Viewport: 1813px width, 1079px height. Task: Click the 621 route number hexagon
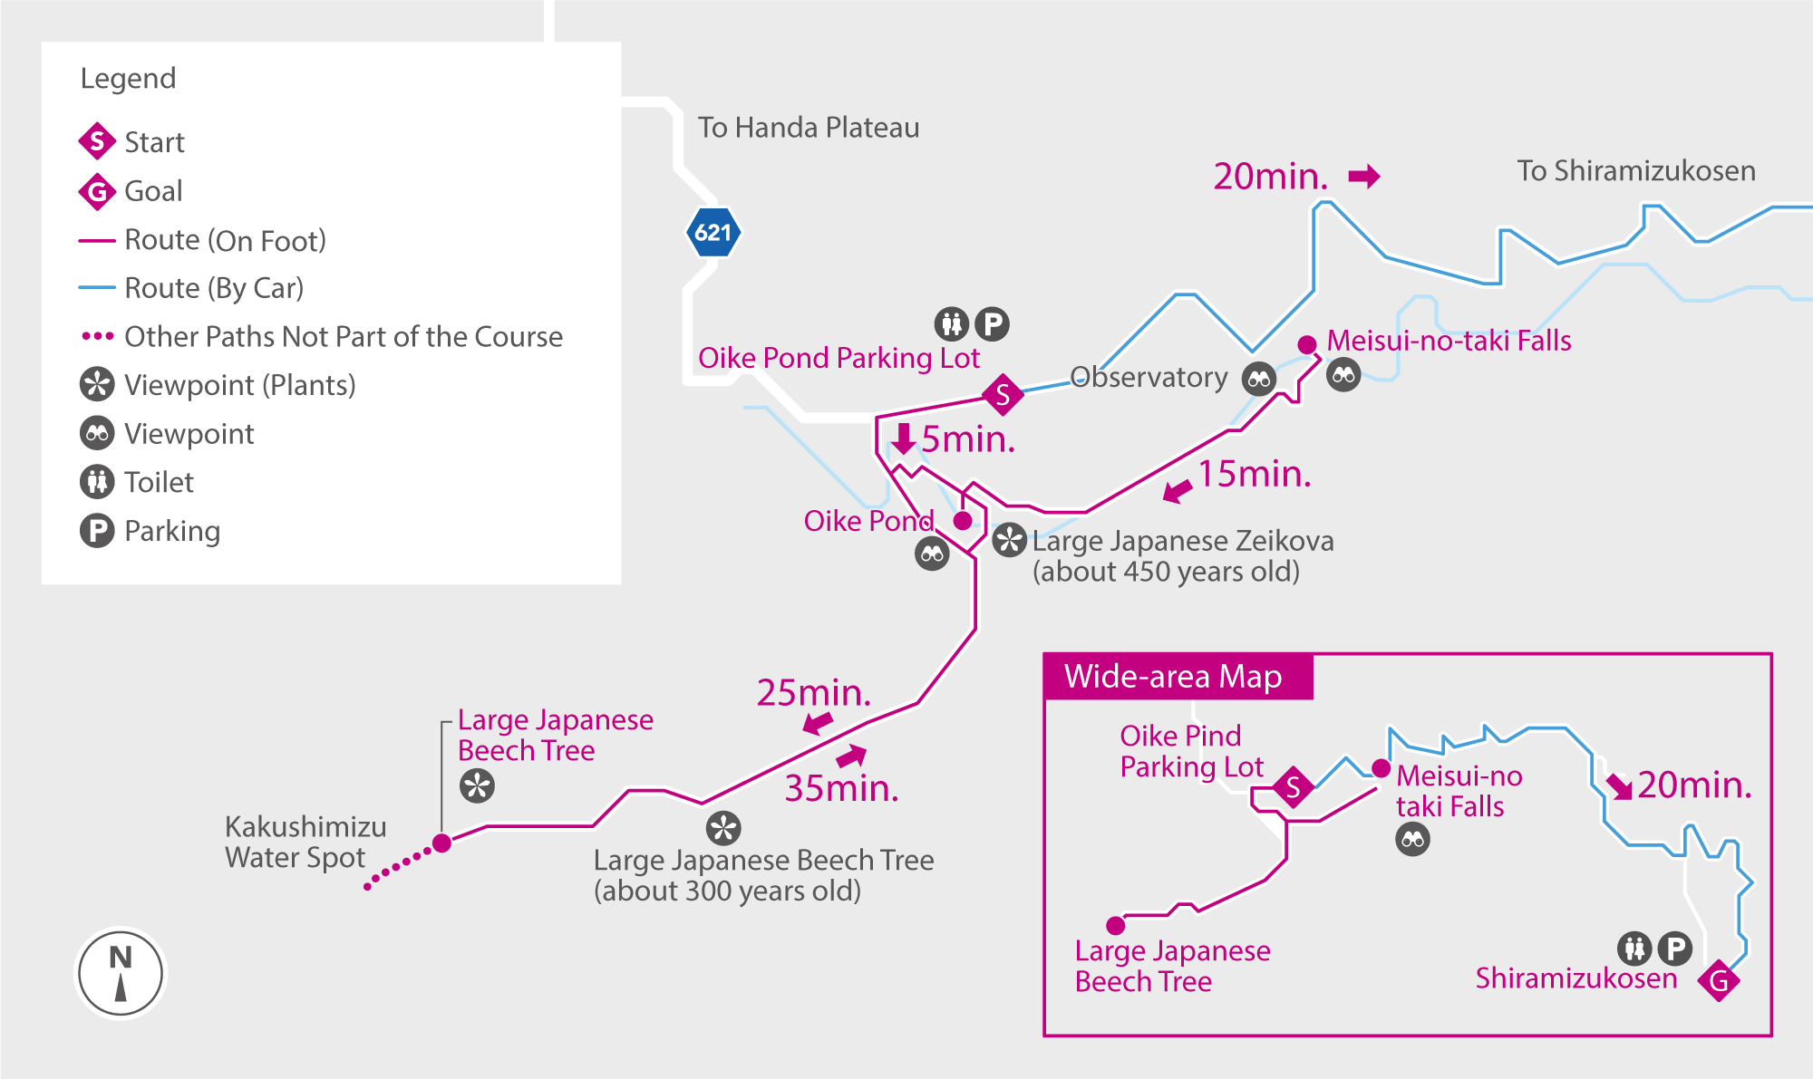click(713, 233)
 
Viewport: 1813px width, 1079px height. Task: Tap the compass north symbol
click(121, 974)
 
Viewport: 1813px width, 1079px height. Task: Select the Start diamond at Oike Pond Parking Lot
click(1003, 395)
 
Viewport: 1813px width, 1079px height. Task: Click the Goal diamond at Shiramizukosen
click(1719, 980)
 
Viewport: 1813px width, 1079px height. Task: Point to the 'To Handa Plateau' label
click(808, 128)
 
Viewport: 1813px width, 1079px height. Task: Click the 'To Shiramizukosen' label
click(1635, 171)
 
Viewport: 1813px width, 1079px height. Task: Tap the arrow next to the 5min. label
click(903, 438)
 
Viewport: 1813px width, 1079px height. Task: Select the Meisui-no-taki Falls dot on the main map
click(1307, 344)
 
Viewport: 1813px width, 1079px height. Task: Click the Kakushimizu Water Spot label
click(305, 842)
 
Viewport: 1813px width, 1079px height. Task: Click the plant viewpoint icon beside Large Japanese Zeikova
click(1009, 541)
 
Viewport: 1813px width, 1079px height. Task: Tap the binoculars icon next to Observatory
click(1259, 379)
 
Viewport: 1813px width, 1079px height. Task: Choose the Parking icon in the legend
click(97, 531)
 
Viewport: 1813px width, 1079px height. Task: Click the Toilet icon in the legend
click(97, 482)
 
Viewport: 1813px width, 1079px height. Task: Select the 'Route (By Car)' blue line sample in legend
click(97, 288)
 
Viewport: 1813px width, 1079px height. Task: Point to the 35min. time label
click(841, 788)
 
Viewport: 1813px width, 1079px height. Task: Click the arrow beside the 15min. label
click(1178, 491)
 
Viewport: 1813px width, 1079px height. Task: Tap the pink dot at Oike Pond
click(963, 521)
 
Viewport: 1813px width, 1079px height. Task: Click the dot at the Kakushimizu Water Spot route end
click(441, 843)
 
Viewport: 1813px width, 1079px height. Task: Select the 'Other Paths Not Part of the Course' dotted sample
click(97, 336)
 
